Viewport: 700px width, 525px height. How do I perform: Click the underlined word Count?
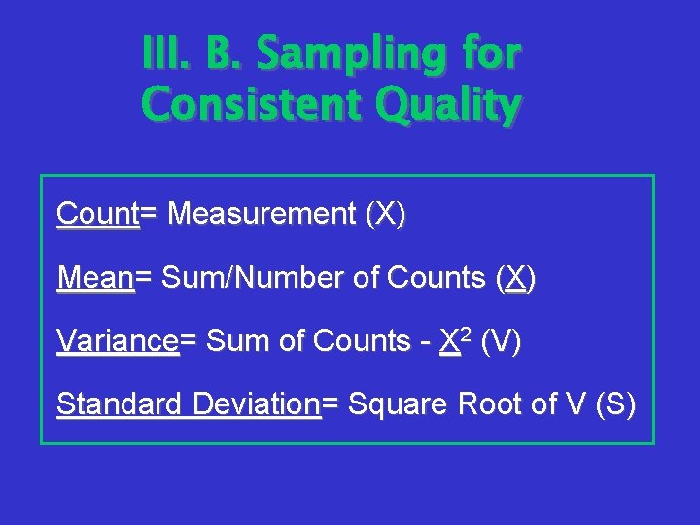[x=97, y=214]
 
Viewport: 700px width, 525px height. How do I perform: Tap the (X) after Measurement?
[x=385, y=214]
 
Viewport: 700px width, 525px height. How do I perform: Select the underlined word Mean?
[x=95, y=279]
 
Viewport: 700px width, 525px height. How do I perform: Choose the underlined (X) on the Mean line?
[x=515, y=279]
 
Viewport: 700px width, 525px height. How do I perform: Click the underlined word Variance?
[x=118, y=341]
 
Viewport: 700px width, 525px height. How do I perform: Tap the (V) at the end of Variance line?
[x=501, y=341]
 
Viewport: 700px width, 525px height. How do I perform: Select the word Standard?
[x=118, y=403]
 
